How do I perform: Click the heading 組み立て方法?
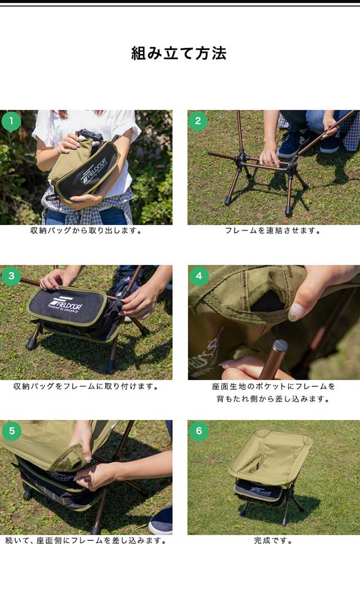tap(179, 53)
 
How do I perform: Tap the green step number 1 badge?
tap(11, 121)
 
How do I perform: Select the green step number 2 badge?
tap(198, 121)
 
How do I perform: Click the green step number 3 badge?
tap(11, 276)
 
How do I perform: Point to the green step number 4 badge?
tap(199, 276)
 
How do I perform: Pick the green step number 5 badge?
tap(12, 431)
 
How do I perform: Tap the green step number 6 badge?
tap(199, 431)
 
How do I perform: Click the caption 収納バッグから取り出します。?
tap(86, 231)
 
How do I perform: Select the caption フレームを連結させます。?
tap(273, 231)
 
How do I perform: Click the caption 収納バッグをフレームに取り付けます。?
tap(86, 386)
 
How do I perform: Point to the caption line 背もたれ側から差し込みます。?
tap(273, 399)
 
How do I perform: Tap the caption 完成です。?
tap(273, 541)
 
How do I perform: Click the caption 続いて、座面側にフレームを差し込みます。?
tap(86, 541)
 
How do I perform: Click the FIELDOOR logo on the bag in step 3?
tap(65, 305)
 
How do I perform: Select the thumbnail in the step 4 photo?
tap(297, 312)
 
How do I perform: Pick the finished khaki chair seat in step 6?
tap(270, 457)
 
